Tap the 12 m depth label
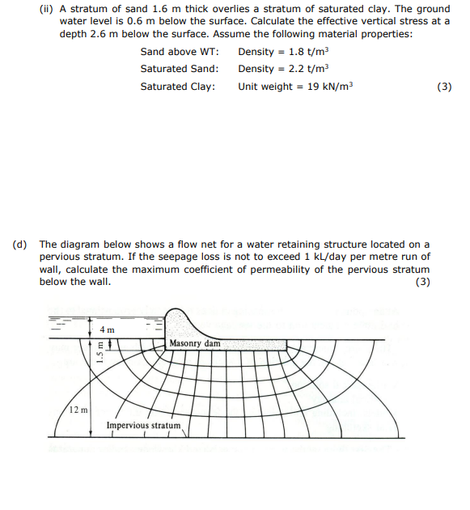pos(79,410)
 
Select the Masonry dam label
pos(194,344)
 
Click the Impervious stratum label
pos(143,424)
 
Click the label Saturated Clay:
pos(178,86)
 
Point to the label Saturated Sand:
pos(180,69)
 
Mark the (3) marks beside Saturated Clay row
pos(443,86)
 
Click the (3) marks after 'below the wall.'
pos(421,281)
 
